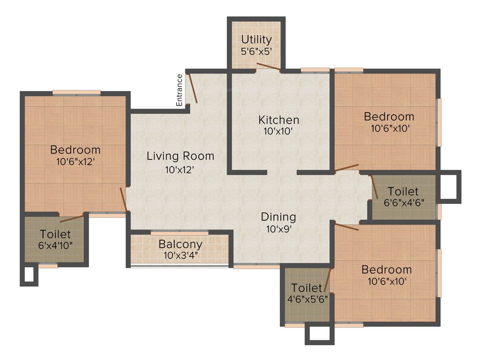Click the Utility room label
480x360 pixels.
256,39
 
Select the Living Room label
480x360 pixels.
180,156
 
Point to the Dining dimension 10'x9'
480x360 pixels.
278,229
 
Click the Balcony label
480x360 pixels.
180,244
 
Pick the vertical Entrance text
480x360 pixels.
179,90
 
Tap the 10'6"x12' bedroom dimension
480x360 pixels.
75,162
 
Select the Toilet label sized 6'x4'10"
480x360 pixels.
55,233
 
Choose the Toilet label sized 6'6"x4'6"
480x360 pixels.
403,191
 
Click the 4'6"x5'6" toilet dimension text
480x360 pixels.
307,298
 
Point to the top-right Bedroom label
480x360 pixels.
389,116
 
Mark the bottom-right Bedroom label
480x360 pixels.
386,270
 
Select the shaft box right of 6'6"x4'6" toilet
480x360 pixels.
449,187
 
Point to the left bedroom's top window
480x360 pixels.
76,92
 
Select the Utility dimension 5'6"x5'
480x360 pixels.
256,52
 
